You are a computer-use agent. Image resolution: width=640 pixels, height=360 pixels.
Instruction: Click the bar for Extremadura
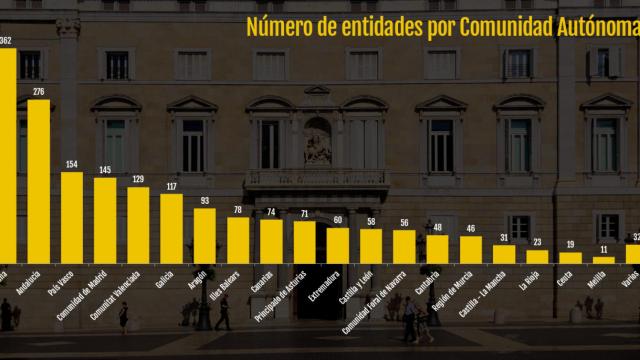(338, 245)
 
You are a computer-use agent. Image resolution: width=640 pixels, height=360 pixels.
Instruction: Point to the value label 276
(39, 92)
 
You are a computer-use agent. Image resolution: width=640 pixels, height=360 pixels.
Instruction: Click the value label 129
(138, 179)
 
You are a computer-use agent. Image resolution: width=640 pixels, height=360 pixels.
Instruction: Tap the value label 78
(238, 209)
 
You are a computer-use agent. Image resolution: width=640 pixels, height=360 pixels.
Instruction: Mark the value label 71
(304, 214)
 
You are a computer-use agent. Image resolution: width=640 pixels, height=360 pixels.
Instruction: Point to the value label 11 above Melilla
(603, 249)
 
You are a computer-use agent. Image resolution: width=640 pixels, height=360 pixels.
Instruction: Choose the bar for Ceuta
(570, 257)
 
